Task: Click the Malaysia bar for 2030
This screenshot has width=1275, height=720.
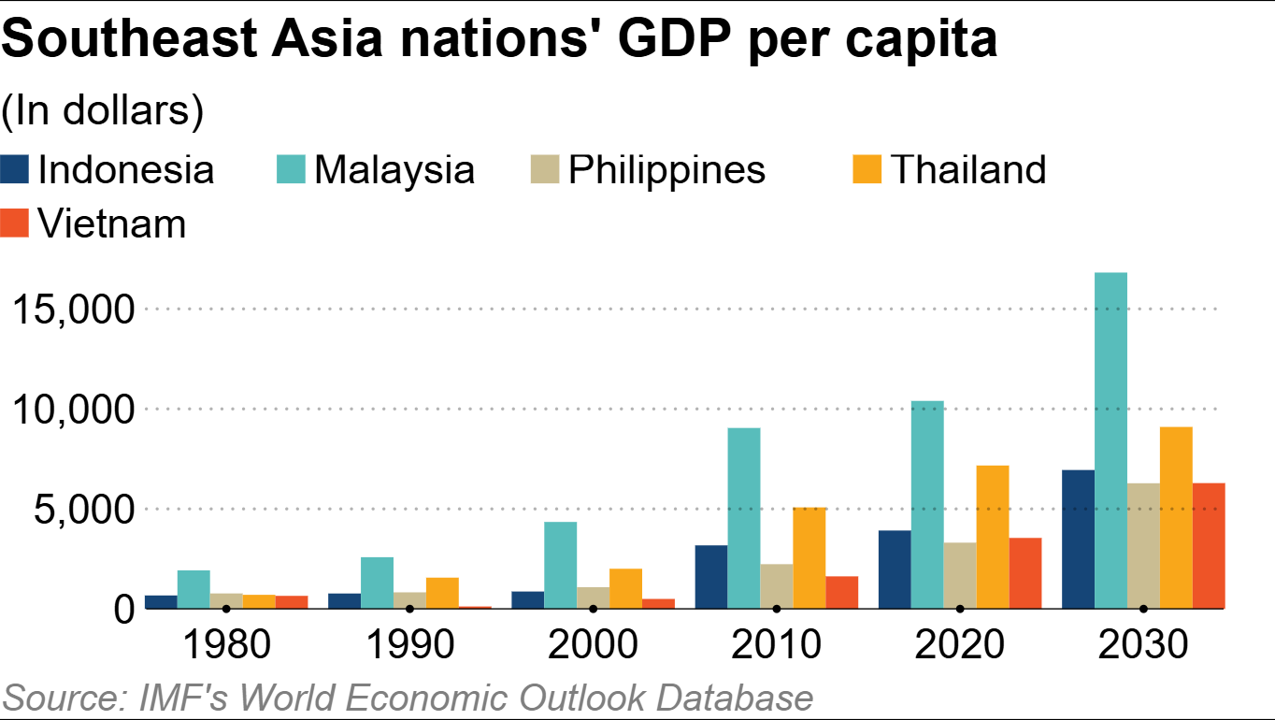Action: click(x=1110, y=440)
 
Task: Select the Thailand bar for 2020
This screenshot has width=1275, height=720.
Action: click(x=993, y=537)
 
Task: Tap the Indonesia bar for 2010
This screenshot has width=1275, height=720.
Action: click(x=711, y=576)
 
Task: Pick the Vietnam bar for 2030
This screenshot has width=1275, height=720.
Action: click(x=1209, y=545)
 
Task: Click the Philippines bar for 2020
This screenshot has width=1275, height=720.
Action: click(x=960, y=575)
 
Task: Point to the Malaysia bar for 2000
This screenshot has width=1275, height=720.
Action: click(x=561, y=565)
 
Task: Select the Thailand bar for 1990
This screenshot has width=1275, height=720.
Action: click(x=442, y=593)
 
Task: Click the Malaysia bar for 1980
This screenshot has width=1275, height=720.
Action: click(x=193, y=589)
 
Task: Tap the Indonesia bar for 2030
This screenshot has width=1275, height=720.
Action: click(x=1078, y=539)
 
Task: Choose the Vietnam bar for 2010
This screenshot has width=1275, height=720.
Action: click(x=842, y=592)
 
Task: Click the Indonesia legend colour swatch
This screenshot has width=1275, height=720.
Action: click(x=15, y=170)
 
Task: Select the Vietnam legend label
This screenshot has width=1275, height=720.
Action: click(x=111, y=224)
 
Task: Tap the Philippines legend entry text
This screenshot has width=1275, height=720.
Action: click(x=666, y=170)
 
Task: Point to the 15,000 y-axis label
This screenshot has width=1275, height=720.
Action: click(x=74, y=309)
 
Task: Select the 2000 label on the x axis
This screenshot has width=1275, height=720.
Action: click(x=593, y=644)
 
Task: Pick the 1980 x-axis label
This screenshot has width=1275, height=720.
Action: click(x=225, y=644)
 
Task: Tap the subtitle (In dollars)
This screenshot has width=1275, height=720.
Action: click(x=103, y=110)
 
